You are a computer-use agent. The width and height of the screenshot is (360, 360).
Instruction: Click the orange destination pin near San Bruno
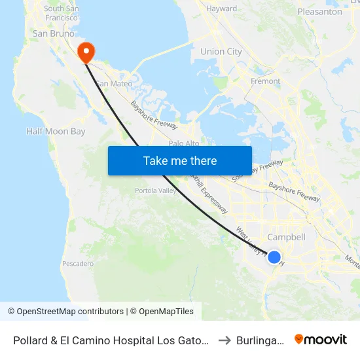(x=86, y=52)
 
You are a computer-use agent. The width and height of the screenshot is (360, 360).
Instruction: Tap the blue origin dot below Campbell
(x=274, y=257)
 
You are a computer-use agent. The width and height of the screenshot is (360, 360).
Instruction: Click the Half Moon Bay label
(x=56, y=132)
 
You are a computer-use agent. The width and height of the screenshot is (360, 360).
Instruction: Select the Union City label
(x=221, y=52)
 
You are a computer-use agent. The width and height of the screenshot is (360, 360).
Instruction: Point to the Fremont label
(x=266, y=82)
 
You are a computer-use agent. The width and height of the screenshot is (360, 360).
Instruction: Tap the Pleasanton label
(x=319, y=12)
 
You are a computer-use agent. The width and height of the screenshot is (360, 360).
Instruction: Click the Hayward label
(x=221, y=9)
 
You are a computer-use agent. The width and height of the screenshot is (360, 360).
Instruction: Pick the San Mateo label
(x=114, y=84)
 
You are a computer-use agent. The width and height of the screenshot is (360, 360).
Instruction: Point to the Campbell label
(x=287, y=237)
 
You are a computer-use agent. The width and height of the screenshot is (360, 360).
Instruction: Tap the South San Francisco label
(x=63, y=13)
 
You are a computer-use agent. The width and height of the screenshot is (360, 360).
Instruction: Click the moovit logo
(x=320, y=339)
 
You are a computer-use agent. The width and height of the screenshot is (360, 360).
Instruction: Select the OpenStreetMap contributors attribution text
(x=65, y=312)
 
